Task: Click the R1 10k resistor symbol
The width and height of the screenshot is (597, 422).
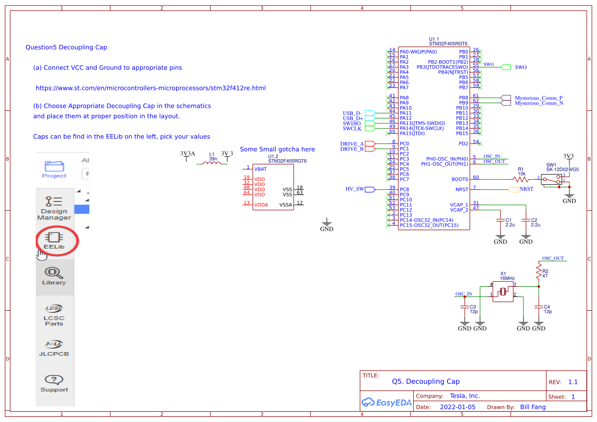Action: pyautogui.click(x=521, y=179)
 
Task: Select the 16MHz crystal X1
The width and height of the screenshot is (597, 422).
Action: pyautogui.click(x=503, y=291)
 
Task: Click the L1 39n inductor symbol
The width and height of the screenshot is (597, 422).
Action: pyautogui.click(x=212, y=163)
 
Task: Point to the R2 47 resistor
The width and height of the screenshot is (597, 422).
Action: pyautogui.click(x=538, y=271)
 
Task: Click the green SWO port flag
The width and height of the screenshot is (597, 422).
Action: pyautogui.click(x=506, y=67)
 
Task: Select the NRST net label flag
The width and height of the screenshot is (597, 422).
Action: pyautogui.click(x=515, y=189)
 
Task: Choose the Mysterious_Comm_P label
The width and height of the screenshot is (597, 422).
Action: pyautogui.click(x=538, y=97)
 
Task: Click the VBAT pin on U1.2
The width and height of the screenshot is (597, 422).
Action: pyautogui.click(x=259, y=168)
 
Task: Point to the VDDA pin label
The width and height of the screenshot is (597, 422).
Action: pyautogui.click(x=260, y=205)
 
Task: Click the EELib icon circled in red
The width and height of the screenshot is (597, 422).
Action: pyautogui.click(x=54, y=240)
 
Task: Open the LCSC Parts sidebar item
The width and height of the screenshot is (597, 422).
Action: pyautogui.click(x=54, y=315)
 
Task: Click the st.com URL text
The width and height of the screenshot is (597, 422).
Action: pyautogui.click(x=151, y=88)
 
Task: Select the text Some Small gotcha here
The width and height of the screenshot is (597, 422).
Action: pyautogui.click(x=277, y=149)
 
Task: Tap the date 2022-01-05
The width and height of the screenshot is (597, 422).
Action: pyautogui.click(x=457, y=407)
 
